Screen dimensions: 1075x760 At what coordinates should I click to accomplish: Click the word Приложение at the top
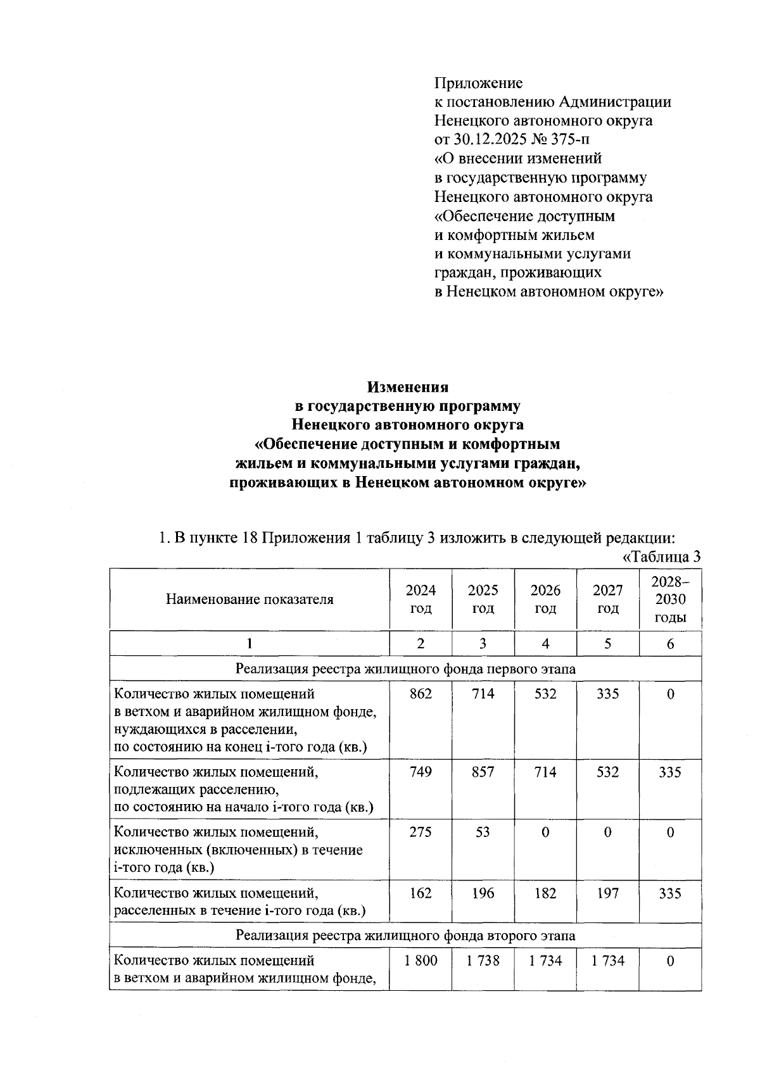coord(478,83)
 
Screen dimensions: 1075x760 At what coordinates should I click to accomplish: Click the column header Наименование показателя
coord(250,599)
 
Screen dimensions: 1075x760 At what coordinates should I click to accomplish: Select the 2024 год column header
coord(421,599)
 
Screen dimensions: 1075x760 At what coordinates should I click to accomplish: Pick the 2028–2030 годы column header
coord(670,599)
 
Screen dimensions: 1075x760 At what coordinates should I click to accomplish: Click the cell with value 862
coord(421,694)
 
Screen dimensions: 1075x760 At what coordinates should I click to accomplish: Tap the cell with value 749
coord(421,772)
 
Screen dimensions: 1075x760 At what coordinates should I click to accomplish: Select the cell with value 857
coord(483,772)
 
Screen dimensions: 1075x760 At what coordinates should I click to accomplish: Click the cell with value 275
coord(421,832)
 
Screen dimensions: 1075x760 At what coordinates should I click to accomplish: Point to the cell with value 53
coord(483,832)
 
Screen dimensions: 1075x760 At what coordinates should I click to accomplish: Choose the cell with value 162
coord(421,893)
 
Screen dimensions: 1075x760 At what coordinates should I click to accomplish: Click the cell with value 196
coord(483,893)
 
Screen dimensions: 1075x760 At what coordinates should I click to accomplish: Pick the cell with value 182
coord(545,893)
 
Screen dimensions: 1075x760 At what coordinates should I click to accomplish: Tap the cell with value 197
coord(607,893)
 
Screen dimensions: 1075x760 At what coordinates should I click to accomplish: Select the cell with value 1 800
coord(421,960)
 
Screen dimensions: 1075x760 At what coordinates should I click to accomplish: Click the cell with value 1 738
coord(483,960)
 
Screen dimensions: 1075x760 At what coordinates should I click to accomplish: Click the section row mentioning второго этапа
coord(405,935)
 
